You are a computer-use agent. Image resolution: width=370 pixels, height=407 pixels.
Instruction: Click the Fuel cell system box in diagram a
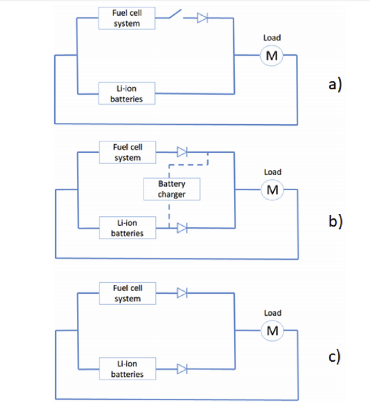coord(127,18)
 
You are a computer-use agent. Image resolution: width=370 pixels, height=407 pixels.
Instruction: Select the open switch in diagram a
coord(176,14)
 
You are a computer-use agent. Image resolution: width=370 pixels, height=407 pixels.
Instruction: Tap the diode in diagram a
coord(203,18)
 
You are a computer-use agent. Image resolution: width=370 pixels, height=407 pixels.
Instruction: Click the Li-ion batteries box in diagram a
coord(127,93)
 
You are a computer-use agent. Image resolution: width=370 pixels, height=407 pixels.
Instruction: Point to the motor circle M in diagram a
coord(272,56)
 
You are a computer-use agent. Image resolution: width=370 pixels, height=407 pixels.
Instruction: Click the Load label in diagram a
coord(272,38)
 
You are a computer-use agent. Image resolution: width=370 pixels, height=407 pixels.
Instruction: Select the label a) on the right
coord(335,84)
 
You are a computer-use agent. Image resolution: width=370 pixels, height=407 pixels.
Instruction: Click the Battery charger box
coord(172,189)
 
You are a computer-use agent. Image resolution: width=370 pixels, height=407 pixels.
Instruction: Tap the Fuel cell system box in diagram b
coord(128,152)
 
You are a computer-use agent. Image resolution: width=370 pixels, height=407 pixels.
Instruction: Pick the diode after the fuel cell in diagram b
coord(183,152)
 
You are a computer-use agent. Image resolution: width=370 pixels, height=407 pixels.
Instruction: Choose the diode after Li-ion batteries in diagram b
coord(183,228)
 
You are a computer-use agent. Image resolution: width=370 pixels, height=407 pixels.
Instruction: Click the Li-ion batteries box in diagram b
coord(128,228)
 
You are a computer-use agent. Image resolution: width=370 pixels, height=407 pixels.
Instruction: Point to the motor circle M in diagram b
coord(273,189)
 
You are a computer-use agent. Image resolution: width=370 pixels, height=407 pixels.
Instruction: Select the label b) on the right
coord(336,220)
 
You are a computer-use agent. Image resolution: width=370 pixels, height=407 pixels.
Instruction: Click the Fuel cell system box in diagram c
coord(128,293)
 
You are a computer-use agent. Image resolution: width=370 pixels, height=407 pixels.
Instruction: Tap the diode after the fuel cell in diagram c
coord(183,293)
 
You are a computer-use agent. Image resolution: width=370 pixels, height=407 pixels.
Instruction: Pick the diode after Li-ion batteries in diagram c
coord(183,369)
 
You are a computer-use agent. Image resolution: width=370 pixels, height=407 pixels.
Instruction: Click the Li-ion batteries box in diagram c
coord(128,369)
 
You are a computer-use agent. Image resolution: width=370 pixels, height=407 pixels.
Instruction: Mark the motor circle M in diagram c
coord(273,331)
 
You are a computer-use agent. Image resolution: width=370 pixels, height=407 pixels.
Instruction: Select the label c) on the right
coord(334,357)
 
